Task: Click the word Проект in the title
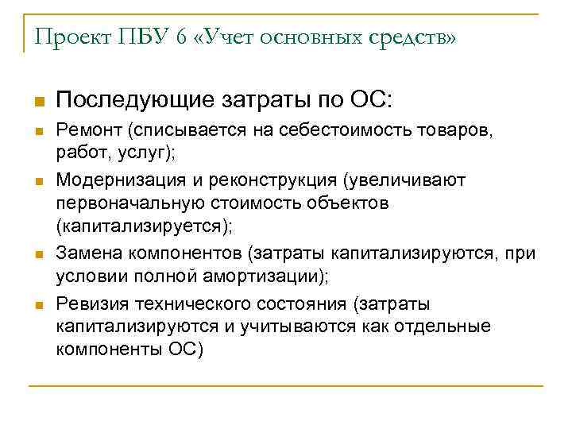71,37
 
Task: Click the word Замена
83,253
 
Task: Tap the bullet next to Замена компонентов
37,255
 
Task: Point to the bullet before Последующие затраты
37,102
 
